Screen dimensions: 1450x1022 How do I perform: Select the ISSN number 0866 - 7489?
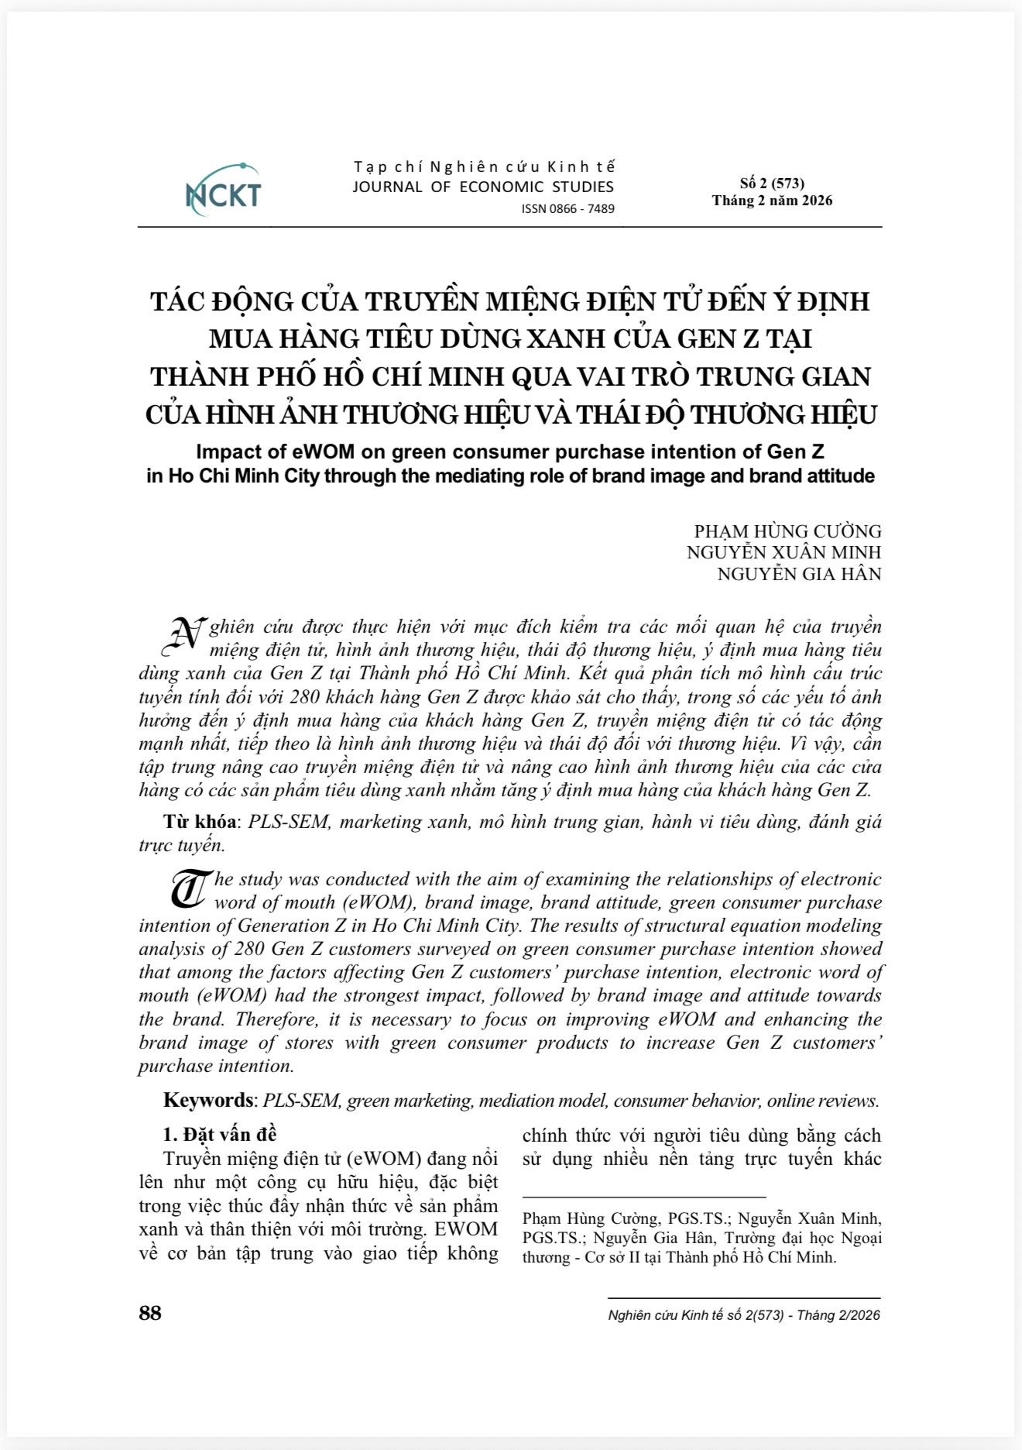pyautogui.click(x=568, y=209)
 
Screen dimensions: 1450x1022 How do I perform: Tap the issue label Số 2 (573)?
pyautogui.click(x=772, y=184)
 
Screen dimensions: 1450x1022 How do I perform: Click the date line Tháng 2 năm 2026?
pyautogui.click(x=772, y=201)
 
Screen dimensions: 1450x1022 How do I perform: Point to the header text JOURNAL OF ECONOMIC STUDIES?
pyautogui.click(x=483, y=187)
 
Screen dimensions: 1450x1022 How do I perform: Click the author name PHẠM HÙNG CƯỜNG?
pyautogui.click(x=787, y=531)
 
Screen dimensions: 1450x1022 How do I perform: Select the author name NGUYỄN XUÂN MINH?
pyautogui.click(x=784, y=552)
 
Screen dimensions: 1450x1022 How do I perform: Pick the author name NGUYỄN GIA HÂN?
pyautogui.click(x=799, y=574)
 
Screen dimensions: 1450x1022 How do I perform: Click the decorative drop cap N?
pyautogui.click(x=187, y=634)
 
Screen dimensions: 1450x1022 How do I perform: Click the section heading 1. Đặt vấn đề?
pyautogui.click(x=220, y=1134)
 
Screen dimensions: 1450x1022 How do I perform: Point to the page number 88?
pyautogui.click(x=150, y=1313)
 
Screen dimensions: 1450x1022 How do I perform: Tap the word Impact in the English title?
pyautogui.click(x=228, y=452)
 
